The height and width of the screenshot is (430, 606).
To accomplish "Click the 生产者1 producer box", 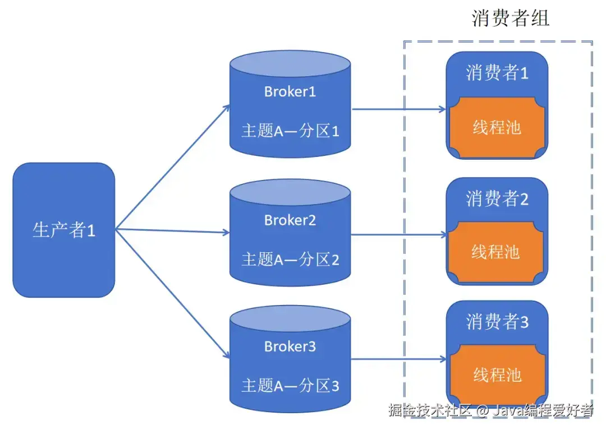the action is [x=64, y=230].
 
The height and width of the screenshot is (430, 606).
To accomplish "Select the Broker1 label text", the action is [x=290, y=92].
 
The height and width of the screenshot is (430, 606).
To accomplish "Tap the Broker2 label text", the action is [x=290, y=220].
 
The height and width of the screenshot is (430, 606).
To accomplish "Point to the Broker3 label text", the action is [x=290, y=346].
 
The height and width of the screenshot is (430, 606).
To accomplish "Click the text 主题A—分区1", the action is [x=290, y=131].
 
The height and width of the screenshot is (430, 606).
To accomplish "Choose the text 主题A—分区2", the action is [x=290, y=260].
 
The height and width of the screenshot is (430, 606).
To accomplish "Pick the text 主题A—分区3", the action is [x=290, y=386].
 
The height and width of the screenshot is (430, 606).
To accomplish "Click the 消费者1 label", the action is [x=497, y=72].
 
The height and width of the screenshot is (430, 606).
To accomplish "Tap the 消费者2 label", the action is [x=497, y=199].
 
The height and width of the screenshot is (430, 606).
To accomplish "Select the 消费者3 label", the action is [x=497, y=322].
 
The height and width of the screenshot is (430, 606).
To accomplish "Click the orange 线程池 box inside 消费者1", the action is [x=497, y=127].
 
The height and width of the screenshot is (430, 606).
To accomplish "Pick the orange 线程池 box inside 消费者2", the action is [x=496, y=252].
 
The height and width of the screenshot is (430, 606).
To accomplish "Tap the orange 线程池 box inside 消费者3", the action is [x=498, y=375].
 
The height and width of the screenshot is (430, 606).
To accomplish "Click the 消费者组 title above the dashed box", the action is [x=510, y=18].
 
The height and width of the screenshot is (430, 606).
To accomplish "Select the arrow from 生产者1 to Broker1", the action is [x=173, y=167].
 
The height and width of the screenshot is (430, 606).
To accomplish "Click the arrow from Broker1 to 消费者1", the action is [x=399, y=109].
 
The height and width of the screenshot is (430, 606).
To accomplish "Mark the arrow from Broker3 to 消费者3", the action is [x=399, y=359].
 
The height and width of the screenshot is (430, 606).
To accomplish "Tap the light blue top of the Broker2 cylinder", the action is [x=290, y=192].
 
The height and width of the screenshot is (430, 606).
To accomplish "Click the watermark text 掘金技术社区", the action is [x=430, y=410].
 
